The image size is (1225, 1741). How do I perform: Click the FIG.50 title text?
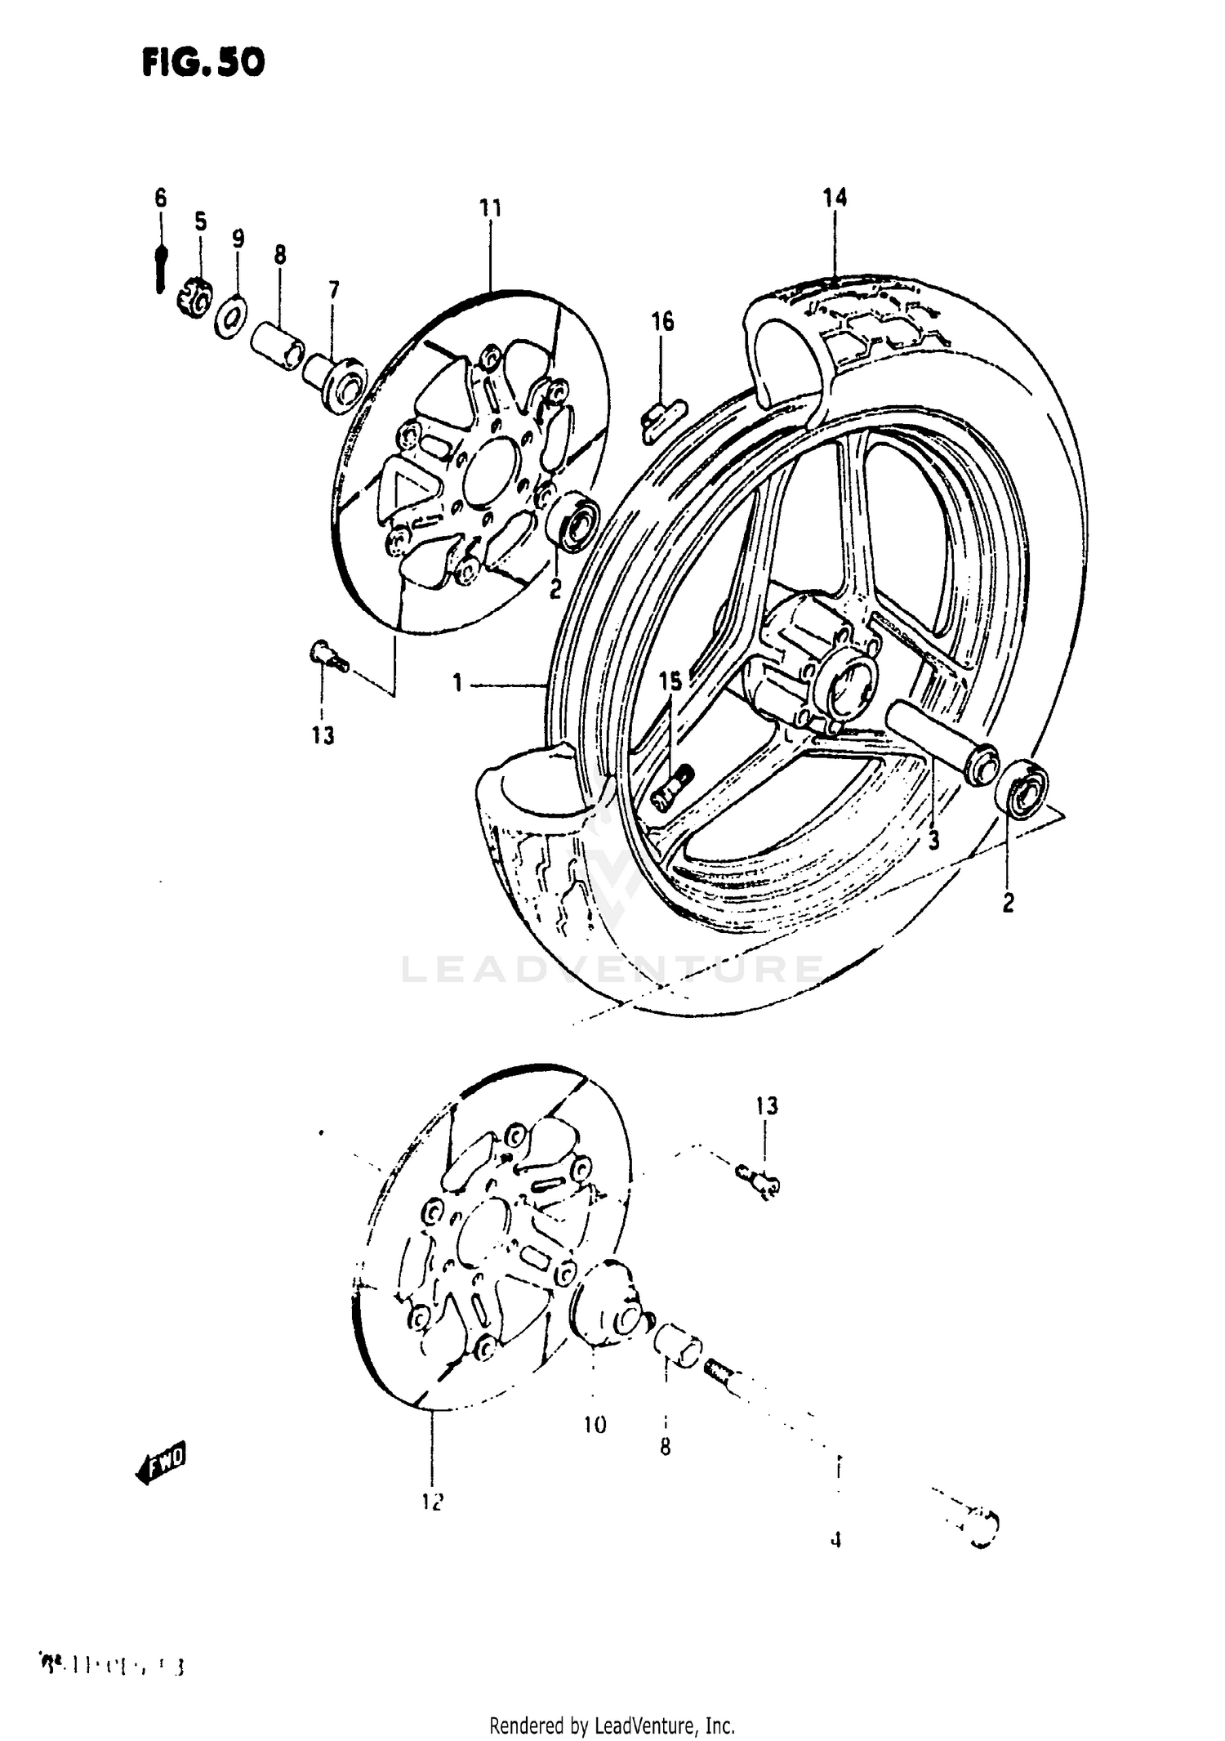click(203, 63)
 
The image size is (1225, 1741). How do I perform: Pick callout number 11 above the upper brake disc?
click(490, 208)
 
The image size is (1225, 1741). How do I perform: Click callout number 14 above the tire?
click(835, 197)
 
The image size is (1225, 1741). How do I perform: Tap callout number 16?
click(662, 322)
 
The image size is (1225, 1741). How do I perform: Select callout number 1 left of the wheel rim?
click(458, 682)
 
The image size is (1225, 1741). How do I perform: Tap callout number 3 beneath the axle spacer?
click(933, 839)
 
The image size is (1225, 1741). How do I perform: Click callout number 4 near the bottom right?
click(835, 1540)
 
